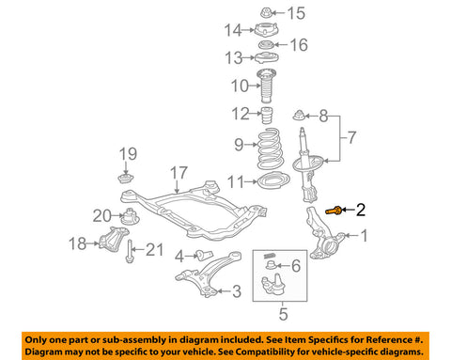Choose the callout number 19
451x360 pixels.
(126, 153)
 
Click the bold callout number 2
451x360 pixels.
(360, 212)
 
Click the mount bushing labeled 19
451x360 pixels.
(123, 178)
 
